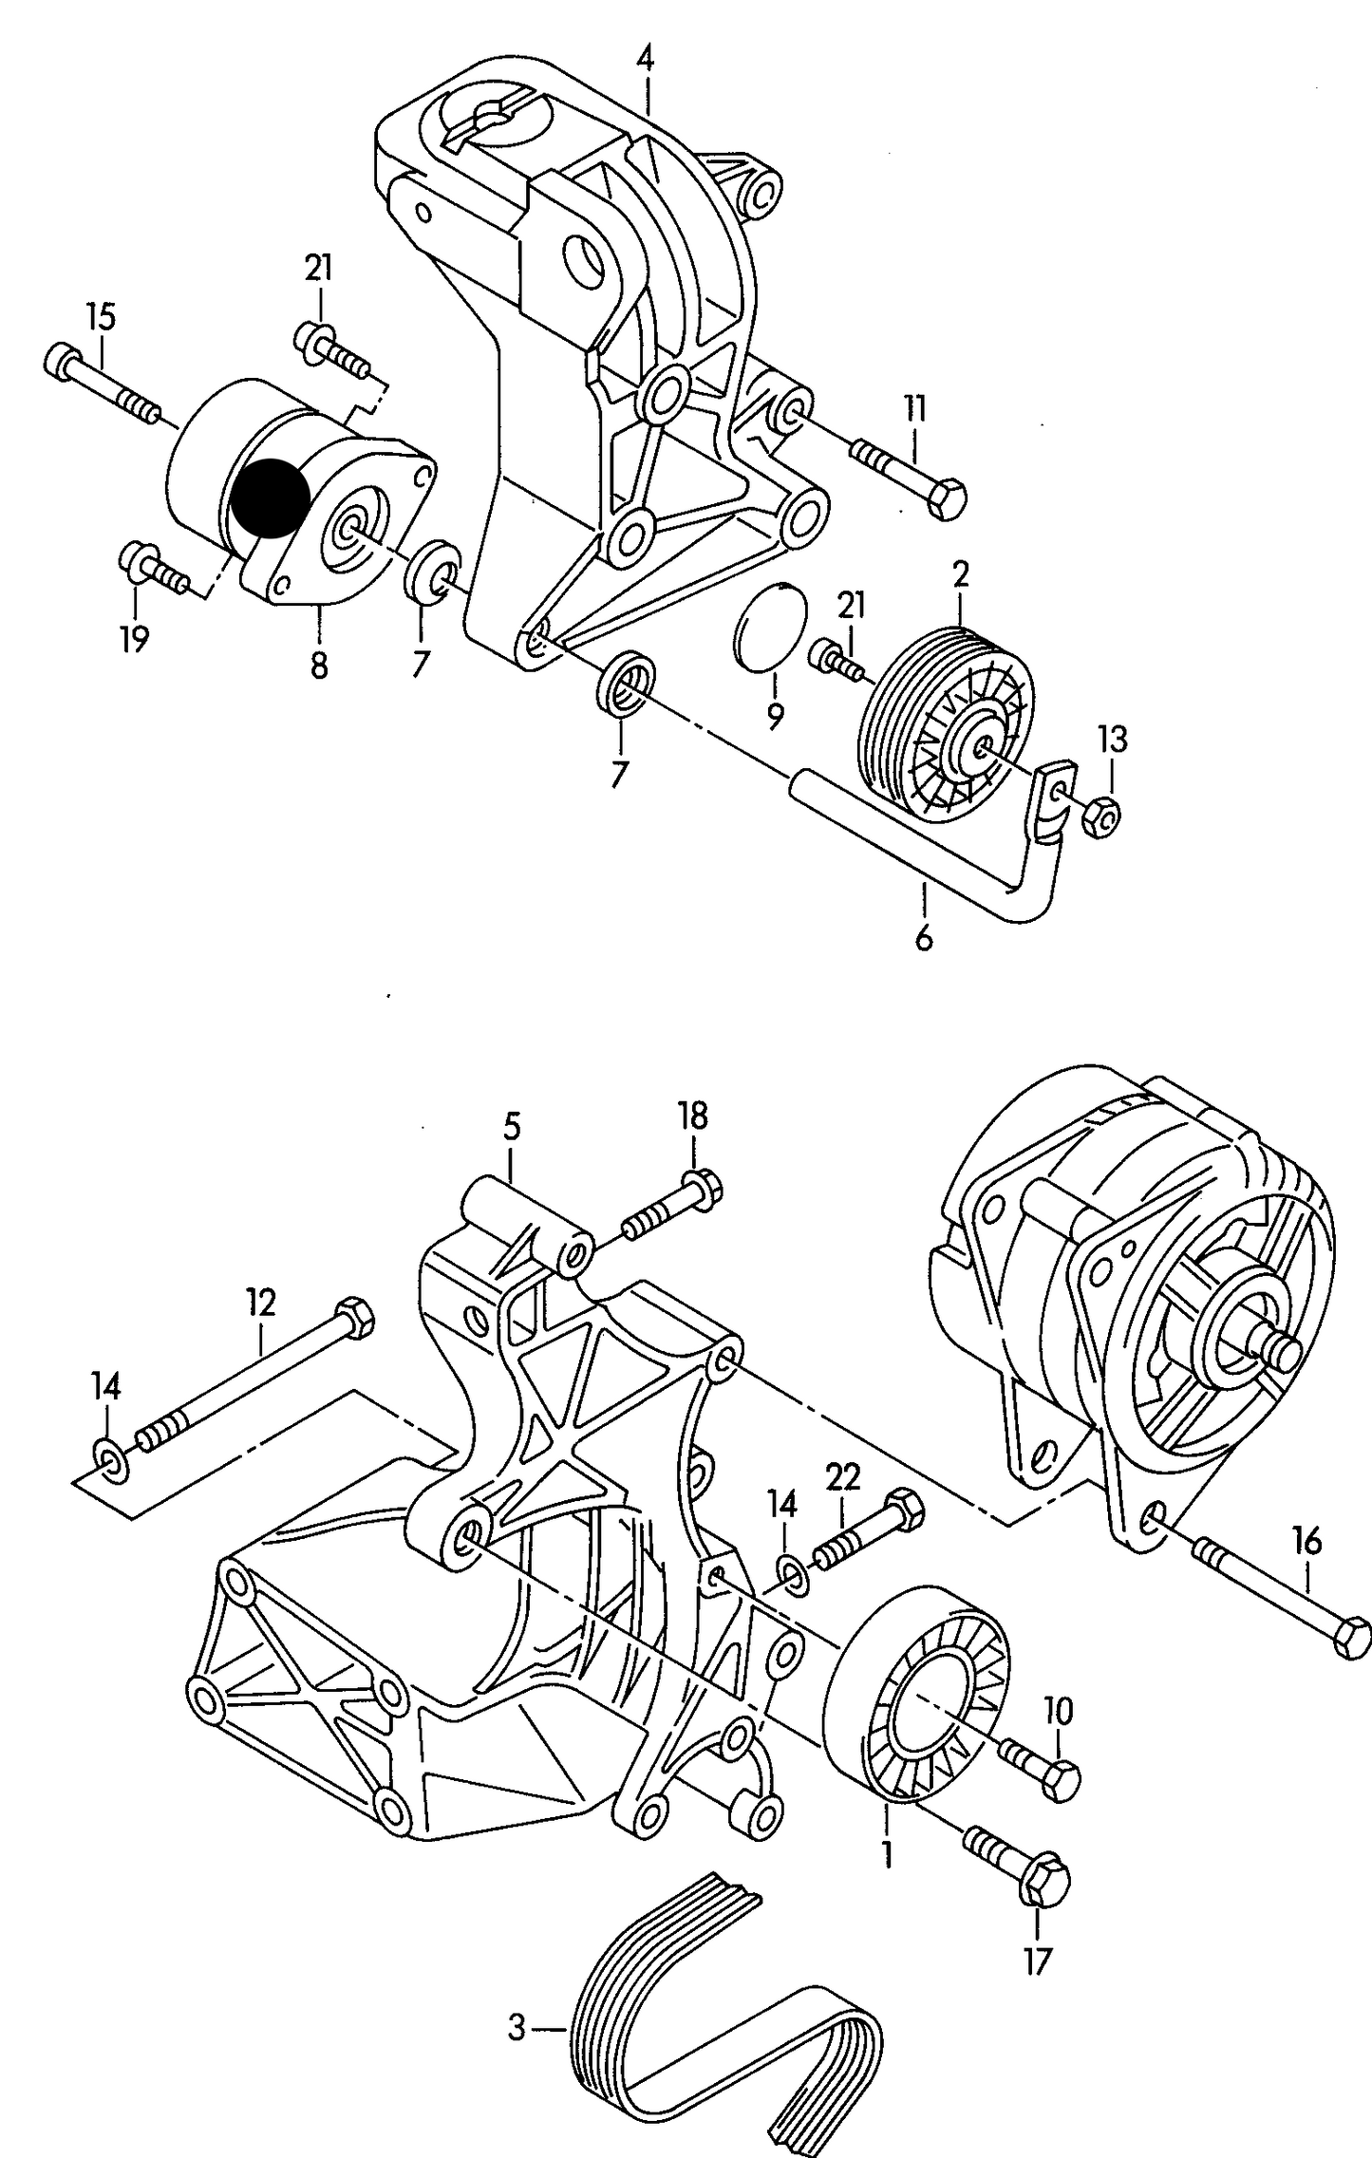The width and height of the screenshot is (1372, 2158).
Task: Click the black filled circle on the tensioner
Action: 271,497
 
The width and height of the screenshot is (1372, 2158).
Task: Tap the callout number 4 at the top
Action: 645,59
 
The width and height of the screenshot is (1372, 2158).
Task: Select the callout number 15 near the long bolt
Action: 101,316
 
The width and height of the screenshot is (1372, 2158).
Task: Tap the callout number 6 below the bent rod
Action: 923,938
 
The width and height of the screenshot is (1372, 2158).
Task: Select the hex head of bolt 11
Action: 948,499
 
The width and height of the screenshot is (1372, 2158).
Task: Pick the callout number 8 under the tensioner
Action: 319,664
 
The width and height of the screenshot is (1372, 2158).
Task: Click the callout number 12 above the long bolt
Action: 261,1302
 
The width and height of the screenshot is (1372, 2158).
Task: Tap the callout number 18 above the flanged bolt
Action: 693,1115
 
